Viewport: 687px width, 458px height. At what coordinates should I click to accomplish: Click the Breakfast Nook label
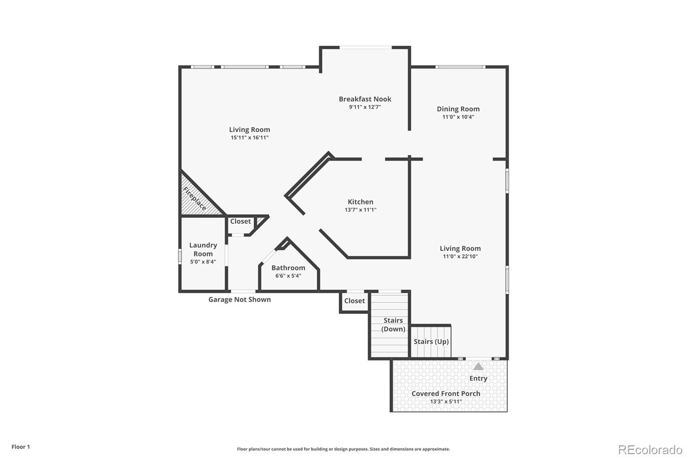click(365, 99)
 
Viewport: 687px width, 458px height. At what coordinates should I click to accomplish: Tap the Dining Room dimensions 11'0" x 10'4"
click(458, 117)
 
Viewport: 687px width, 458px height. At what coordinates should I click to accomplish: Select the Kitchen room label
click(360, 202)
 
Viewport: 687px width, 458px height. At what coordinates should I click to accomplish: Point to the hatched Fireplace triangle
click(198, 196)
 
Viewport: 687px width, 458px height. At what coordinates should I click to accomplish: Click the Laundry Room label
click(203, 250)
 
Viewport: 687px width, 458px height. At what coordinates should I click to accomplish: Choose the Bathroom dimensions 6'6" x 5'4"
click(288, 276)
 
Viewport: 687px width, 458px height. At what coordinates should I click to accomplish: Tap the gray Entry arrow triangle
click(478, 366)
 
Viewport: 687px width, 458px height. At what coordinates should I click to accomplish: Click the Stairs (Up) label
click(431, 342)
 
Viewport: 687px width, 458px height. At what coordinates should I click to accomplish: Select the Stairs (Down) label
click(393, 325)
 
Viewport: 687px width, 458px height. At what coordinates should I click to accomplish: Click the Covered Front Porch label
click(446, 394)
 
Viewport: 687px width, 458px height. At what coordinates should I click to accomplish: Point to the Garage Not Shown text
click(240, 299)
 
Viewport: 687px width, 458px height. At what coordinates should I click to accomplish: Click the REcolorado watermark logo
click(650, 450)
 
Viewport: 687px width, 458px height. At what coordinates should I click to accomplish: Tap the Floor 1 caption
click(21, 447)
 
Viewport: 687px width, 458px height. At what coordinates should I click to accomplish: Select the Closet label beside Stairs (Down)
click(355, 301)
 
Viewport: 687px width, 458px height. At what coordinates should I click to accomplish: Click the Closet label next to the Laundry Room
click(240, 221)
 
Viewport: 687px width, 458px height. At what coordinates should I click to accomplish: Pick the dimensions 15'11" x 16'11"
click(249, 137)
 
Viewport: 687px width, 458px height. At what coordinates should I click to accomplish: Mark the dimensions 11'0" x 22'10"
click(460, 256)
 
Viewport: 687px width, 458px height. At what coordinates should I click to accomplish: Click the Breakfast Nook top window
click(365, 47)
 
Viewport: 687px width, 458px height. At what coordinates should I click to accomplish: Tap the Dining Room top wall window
click(460, 67)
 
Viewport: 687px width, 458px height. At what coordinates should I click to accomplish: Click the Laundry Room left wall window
click(180, 256)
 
